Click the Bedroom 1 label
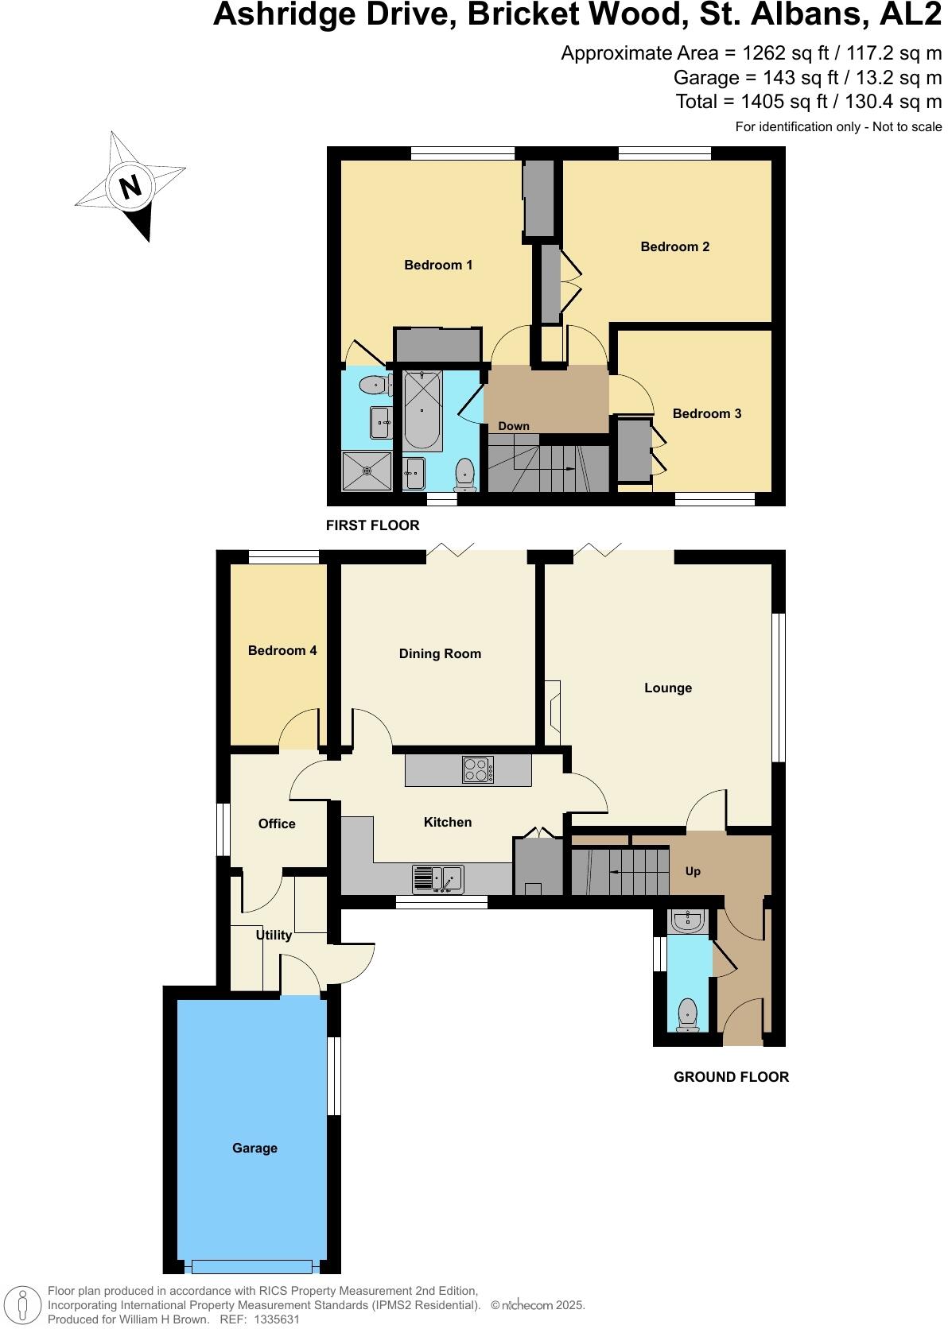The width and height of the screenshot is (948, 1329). (x=438, y=265)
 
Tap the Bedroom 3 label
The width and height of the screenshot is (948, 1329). (x=706, y=413)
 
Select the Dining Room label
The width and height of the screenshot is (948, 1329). (x=440, y=653)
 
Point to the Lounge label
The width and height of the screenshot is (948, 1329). (x=667, y=688)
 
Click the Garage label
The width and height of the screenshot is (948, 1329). (x=254, y=1148)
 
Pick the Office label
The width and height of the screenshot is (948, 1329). (x=277, y=823)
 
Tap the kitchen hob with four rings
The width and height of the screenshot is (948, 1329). (x=478, y=769)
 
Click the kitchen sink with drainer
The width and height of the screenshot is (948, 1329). (x=437, y=878)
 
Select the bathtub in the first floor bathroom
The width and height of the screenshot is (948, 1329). (x=422, y=410)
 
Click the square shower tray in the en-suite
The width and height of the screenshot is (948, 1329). (x=367, y=471)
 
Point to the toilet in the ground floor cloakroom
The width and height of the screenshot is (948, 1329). (x=687, y=1014)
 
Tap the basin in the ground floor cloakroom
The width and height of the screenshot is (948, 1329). (x=687, y=922)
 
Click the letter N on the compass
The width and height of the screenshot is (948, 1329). (x=130, y=188)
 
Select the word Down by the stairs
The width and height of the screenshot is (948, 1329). (x=514, y=426)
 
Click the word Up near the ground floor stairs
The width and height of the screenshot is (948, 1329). (x=693, y=871)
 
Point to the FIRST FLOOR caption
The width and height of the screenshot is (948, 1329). (x=372, y=525)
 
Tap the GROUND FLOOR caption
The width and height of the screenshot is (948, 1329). (x=731, y=1077)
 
